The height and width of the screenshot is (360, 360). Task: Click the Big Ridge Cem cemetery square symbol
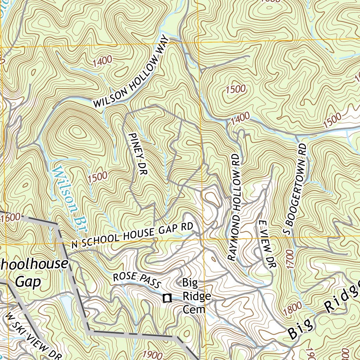tap(167, 298)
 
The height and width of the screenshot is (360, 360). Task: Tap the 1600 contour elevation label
tap(10, 218)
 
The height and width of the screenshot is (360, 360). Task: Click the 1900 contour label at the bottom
tap(153, 354)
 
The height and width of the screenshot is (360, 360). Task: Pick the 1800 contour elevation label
tap(292, 309)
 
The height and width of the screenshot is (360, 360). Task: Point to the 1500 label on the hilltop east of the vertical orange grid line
tap(236, 89)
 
